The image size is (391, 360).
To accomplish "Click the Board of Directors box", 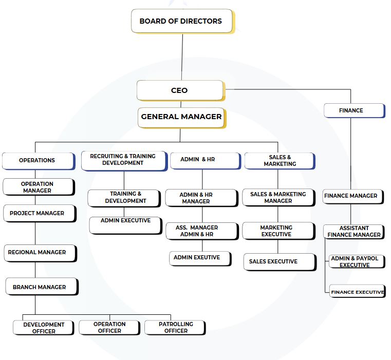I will tap(181, 21).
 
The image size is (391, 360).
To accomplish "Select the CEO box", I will tap(180, 90).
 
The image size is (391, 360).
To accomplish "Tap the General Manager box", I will tap(181, 117).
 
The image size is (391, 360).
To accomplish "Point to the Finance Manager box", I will tap(353, 196).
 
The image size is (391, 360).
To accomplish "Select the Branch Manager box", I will tap(41, 287).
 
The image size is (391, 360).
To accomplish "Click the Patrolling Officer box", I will tap(175, 328).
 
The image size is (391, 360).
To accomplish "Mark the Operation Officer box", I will tap(109, 328).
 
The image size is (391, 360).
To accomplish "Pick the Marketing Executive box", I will tap(277, 231).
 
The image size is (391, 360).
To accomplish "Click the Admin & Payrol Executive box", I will tap(356, 261).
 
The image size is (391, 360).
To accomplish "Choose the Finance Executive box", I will tap(357, 291).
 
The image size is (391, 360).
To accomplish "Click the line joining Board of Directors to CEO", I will tap(182, 56).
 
